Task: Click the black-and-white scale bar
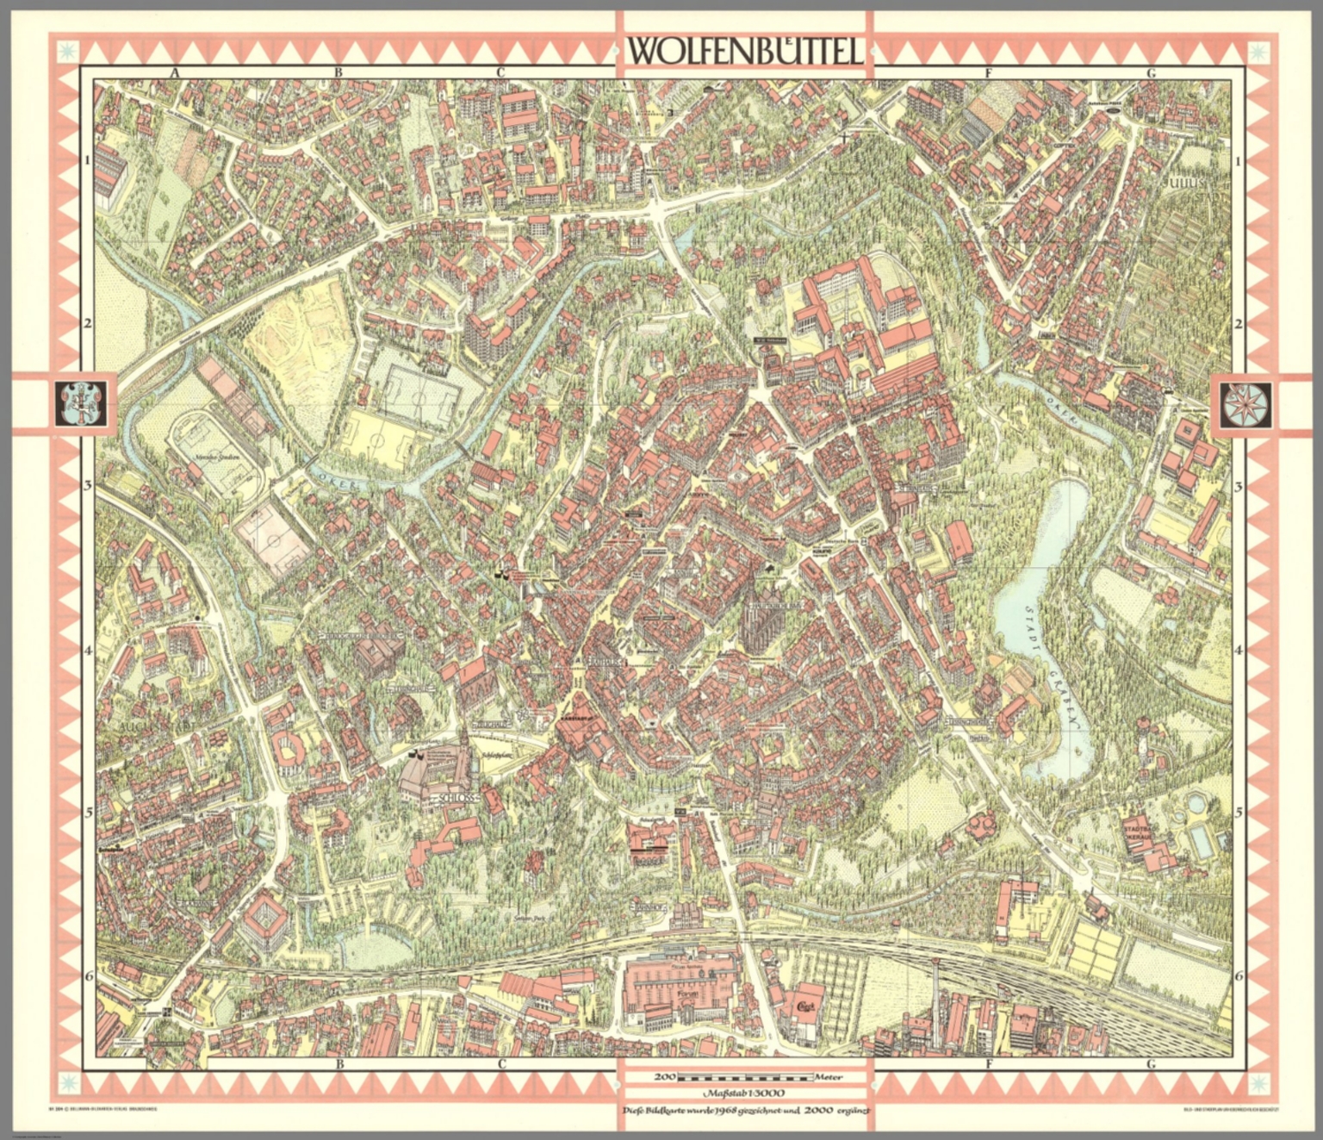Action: pyautogui.click(x=745, y=1076)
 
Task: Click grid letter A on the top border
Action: pyautogui.click(x=175, y=73)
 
